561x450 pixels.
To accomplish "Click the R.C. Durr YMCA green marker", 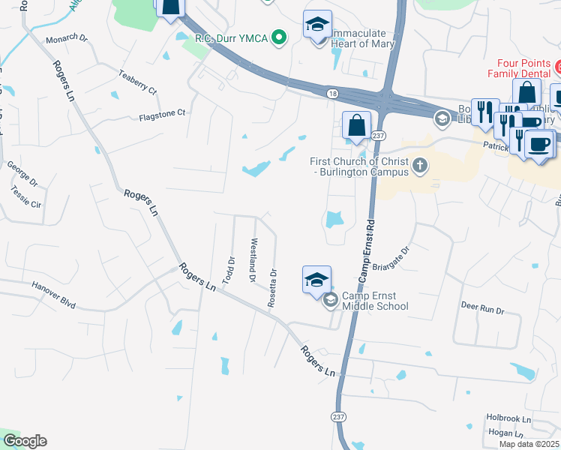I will [280, 36].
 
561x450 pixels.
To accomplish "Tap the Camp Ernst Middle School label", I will [375, 301].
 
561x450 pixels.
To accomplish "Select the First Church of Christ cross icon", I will [421, 166].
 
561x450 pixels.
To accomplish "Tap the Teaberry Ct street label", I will [137, 82].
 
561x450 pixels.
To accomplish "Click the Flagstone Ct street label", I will [161, 114].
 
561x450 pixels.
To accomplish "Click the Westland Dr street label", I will [253, 260].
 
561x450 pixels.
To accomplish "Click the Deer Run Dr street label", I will [481, 307].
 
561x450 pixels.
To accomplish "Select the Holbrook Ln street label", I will [508, 418].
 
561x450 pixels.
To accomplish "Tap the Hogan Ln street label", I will [504, 433].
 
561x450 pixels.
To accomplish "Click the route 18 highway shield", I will [331, 93].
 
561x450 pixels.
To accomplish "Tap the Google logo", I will [25, 441].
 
